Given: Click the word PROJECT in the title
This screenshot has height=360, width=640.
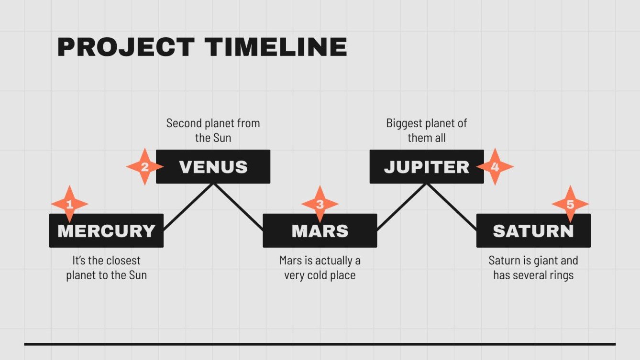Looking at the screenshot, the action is click(126, 47).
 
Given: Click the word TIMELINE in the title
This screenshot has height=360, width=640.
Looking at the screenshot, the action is click(276, 47).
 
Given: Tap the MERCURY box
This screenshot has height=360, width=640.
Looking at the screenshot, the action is click(106, 230).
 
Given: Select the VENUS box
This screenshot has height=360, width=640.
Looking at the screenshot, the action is click(213, 166).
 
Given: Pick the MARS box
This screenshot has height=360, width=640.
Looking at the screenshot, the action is click(320, 230).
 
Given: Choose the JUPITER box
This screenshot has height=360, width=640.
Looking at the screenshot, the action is click(427, 166).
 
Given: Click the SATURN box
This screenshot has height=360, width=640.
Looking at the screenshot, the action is click(533, 230).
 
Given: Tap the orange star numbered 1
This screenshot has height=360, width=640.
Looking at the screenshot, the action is click(69, 204).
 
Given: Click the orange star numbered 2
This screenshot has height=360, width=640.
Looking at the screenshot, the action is click(145, 166).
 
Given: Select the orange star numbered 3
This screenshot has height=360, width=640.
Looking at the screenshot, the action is click(320, 204).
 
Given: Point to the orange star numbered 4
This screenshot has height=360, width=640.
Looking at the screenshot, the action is click(495, 166).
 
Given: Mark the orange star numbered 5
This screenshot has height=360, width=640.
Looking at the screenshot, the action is click(570, 204).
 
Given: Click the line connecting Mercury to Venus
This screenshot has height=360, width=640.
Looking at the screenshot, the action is click(188, 207).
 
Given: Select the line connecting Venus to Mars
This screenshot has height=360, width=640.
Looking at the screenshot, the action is click(238, 207).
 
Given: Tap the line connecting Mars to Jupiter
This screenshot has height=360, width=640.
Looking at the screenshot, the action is click(402, 207).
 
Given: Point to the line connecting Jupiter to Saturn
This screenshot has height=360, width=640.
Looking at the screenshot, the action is click(452, 207).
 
